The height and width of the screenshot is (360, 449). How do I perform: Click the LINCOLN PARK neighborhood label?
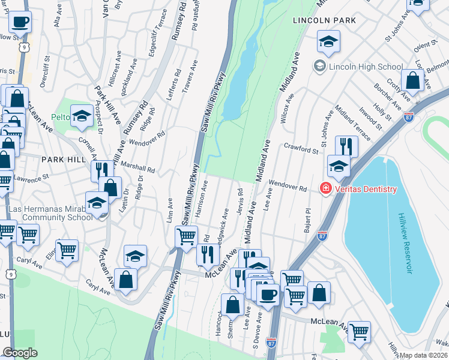(x=324, y=20)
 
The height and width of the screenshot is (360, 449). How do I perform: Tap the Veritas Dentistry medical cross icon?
(x=325, y=189)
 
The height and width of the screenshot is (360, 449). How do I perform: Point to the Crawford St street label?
(x=301, y=148)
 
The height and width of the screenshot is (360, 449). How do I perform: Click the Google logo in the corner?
(x=20, y=353)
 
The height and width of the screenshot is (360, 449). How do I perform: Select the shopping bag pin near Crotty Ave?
(x=412, y=81)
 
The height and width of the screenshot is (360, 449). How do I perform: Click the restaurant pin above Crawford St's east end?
(x=346, y=146)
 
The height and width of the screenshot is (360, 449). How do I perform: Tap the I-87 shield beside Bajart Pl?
(x=322, y=235)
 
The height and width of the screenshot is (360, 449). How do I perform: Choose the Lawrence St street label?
(x=32, y=179)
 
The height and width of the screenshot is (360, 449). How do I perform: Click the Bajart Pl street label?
(x=308, y=218)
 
